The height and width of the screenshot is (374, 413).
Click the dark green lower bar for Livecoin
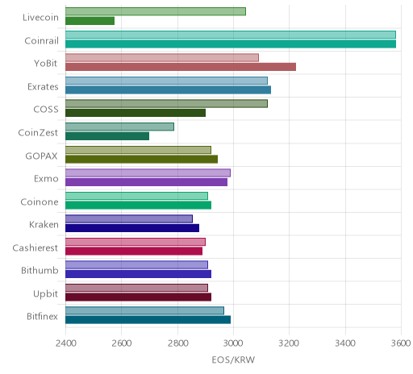[x=90, y=21]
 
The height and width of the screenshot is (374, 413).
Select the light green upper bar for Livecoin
[x=156, y=11]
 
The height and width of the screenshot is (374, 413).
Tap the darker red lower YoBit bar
[x=181, y=67]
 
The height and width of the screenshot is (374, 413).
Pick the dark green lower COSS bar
[x=136, y=113]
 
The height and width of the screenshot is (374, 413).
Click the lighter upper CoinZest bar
[x=119, y=127]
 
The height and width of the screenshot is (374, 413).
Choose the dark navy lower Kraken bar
[x=132, y=228]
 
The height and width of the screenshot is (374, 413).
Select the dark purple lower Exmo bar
[x=146, y=182]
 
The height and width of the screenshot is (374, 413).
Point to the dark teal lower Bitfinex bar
[x=148, y=320]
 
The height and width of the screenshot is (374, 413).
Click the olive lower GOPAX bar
[x=141, y=160]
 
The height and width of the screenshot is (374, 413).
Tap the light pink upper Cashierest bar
[x=136, y=242]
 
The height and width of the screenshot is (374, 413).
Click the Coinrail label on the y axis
[x=41, y=41]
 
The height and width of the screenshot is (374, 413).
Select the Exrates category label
[x=43, y=87]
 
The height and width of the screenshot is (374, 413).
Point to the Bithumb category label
[x=40, y=270]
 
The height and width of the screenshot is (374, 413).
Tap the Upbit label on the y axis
[x=45, y=293]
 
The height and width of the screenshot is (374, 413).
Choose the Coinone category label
[x=40, y=202]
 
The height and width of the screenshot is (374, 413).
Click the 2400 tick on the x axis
[x=66, y=343]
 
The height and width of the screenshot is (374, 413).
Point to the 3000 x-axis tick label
[x=234, y=343]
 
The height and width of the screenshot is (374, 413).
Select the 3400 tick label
[x=345, y=343]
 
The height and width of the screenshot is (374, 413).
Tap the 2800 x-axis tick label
[x=177, y=343]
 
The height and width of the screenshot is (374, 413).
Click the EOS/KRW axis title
[x=233, y=359]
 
